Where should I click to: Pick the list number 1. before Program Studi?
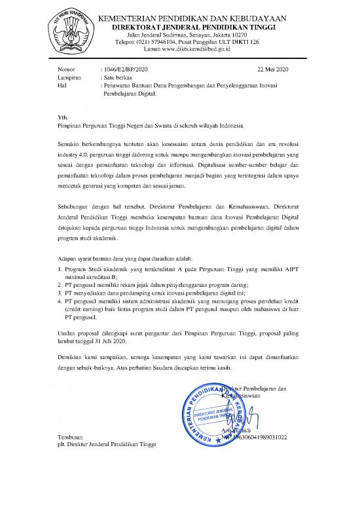60,269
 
